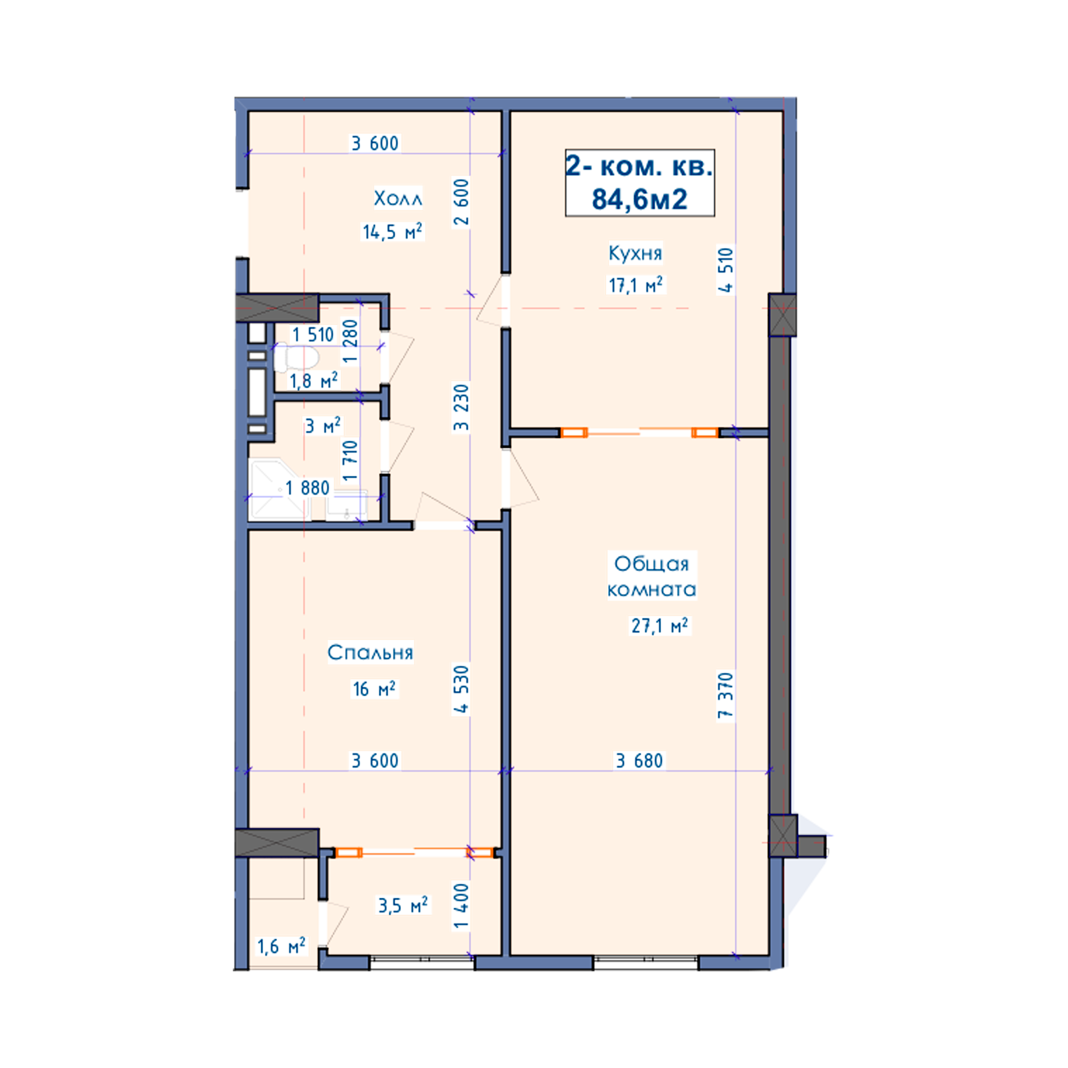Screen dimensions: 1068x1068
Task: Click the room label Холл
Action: (398, 199)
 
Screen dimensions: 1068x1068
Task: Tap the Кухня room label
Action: (635, 253)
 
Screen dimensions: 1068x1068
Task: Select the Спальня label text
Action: (371, 653)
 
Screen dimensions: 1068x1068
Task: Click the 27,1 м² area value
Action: (659, 626)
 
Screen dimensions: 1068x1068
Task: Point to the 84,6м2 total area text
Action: (640, 199)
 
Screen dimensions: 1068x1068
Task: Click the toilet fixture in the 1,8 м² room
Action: (296, 357)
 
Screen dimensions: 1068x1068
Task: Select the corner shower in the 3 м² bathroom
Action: (279, 490)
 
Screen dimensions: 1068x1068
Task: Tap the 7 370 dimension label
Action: (725, 695)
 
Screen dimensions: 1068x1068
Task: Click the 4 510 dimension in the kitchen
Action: (725, 270)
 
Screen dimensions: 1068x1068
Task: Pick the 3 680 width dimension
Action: (640, 760)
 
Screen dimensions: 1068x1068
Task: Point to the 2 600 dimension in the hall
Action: (461, 202)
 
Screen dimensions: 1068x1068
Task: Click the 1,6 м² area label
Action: (281, 947)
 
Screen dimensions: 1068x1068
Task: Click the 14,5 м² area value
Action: (392, 231)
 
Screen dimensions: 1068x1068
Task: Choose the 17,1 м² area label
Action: (635, 285)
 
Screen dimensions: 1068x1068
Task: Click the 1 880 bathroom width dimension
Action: (308, 488)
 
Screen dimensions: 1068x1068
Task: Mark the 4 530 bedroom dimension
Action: (461, 690)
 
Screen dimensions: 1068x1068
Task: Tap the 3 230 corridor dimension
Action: (461, 407)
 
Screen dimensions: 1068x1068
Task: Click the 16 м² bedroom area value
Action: (374, 689)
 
